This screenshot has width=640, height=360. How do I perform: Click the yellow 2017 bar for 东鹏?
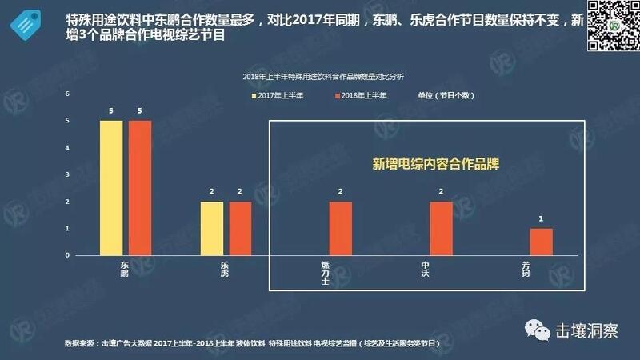pos(111,188)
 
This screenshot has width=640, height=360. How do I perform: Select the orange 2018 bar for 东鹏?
pos(140,188)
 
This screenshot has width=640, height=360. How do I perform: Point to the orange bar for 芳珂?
pos(542,242)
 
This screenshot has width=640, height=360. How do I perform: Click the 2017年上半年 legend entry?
pos(274,95)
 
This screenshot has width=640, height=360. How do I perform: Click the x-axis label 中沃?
pos(426,268)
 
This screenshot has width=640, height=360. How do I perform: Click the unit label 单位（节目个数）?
pos(446,95)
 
